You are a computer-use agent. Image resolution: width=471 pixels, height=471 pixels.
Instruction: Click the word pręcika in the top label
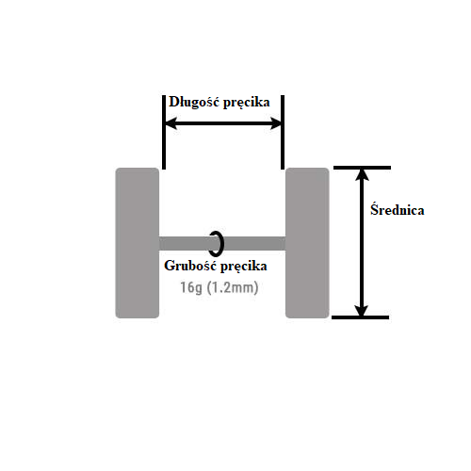click(245, 103)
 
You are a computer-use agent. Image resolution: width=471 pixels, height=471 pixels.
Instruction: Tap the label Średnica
click(398, 209)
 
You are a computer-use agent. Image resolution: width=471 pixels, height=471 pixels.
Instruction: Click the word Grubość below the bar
click(190, 266)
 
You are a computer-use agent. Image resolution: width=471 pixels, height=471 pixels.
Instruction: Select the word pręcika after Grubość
click(243, 267)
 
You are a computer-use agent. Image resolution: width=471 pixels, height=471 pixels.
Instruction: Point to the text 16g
click(191, 287)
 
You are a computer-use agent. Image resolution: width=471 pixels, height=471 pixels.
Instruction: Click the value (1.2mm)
click(233, 287)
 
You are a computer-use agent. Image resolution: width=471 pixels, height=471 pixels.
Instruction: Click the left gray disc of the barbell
click(138, 243)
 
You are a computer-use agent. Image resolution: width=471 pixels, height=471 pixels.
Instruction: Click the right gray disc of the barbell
click(307, 243)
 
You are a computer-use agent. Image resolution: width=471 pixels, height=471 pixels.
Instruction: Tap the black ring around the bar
click(222, 243)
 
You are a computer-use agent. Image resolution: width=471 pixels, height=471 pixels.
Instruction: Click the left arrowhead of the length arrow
click(171, 123)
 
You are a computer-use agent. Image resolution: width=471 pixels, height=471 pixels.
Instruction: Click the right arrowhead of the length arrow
click(275, 123)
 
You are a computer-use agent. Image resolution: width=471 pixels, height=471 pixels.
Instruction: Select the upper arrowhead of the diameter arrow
click(362, 175)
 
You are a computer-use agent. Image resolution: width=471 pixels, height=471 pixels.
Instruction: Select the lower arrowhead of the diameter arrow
click(362, 310)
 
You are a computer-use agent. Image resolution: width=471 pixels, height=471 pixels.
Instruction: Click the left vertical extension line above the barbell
click(164, 132)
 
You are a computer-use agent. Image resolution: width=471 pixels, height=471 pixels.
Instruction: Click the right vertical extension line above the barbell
click(283, 132)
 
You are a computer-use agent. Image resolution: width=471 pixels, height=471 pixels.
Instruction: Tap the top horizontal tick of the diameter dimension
click(362, 168)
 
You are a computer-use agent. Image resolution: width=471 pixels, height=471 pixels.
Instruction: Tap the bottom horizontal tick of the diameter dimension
click(361, 317)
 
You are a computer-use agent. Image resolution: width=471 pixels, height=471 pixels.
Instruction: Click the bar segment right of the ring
click(254, 243)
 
